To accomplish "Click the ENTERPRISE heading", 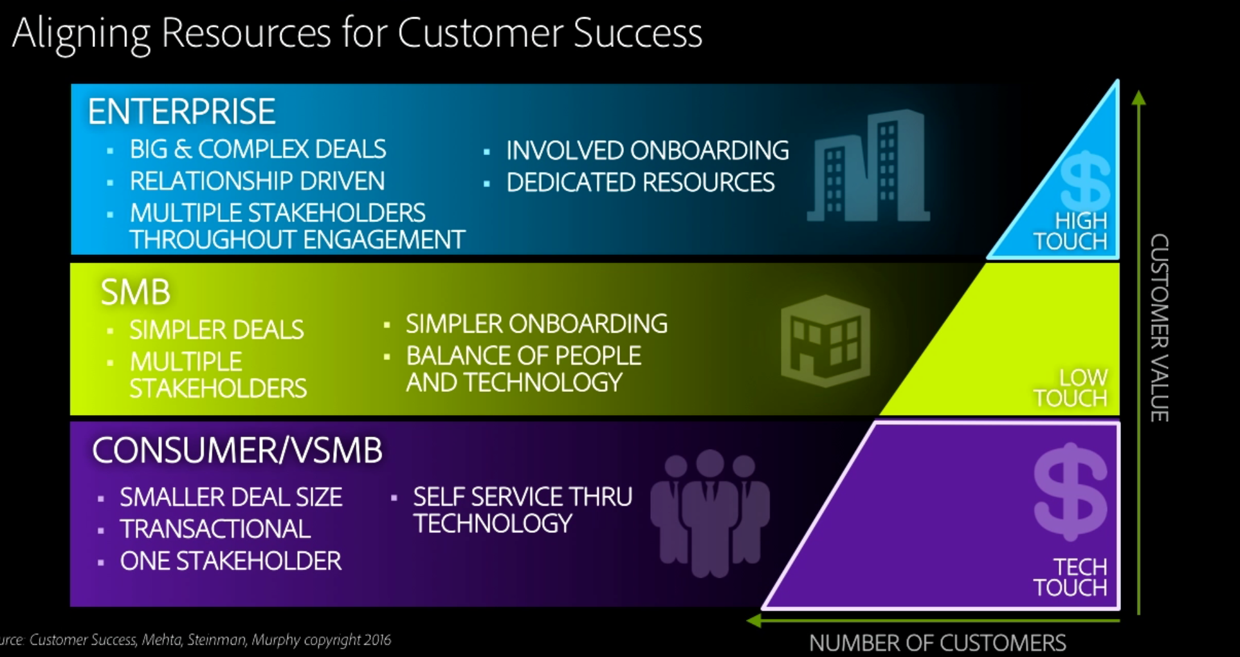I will click(x=181, y=111).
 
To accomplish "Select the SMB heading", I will click(x=136, y=292).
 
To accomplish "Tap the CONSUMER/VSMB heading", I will click(x=237, y=450).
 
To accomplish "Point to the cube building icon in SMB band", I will click(x=825, y=341).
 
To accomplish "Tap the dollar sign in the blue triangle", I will click(x=1085, y=180).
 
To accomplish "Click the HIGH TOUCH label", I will click(x=1071, y=231).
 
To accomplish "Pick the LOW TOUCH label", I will click(x=1071, y=387).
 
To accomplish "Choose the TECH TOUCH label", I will click(x=1071, y=577).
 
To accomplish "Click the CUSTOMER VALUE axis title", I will click(x=1159, y=328).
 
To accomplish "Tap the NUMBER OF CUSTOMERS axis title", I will click(x=937, y=643).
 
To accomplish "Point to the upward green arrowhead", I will click(x=1139, y=98).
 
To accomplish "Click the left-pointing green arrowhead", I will click(x=754, y=620).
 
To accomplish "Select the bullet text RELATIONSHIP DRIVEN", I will click(x=257, y=181).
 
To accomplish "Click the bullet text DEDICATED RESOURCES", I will click(x=641, y=183).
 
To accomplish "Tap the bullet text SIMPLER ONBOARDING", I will click(x=536, y=324).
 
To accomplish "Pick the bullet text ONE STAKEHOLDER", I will click(x=230, y=561).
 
